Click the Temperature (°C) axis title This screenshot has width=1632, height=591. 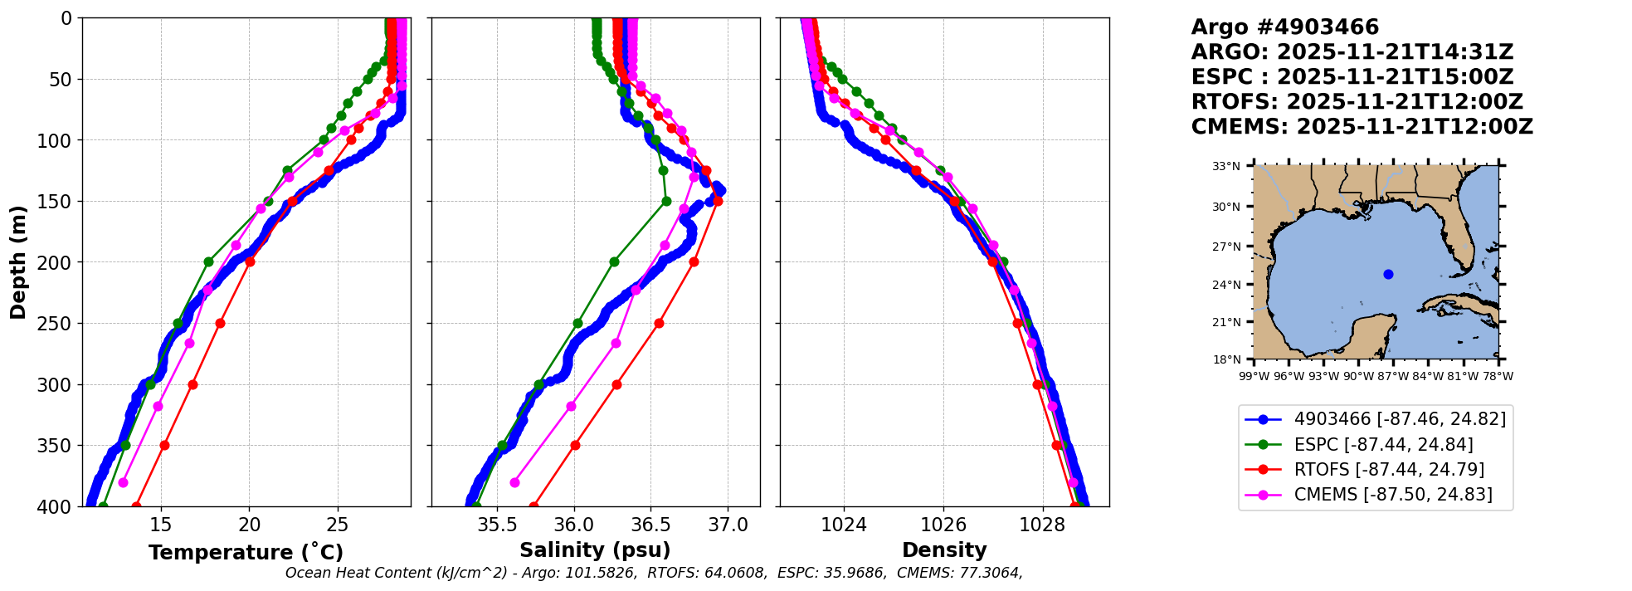click(x=246, y=553)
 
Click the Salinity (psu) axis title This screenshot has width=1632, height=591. click(x=595, y=550)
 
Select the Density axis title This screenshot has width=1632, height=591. click(x=944, y=550)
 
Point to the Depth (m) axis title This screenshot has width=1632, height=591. click(x=18, y=262)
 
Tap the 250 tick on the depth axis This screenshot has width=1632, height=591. click(x=59, y=324)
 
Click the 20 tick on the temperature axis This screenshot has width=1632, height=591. click(x=249, y=525)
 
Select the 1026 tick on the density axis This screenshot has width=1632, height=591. click(x=943, y=525)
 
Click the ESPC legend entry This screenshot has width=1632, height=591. click(x=1383, y=445)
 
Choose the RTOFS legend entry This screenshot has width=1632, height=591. click(x=1389, y=470)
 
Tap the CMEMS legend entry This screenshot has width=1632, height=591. click(x=1393, y=495)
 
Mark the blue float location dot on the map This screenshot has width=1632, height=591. click(x=1388, y=274)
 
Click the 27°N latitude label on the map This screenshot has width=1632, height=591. click(x=1226, y=247)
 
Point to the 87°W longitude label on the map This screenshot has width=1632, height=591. click(x=1393, y=376)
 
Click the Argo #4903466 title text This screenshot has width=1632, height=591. click(x=1284, y=27)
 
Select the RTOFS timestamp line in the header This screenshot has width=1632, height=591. click(x=1357, y=102)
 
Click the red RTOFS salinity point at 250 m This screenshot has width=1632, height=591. click(x=659, y=323)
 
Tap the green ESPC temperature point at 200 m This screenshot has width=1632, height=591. click(x=208, y=261)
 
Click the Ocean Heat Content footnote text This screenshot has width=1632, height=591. click(x=654, y=573)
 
